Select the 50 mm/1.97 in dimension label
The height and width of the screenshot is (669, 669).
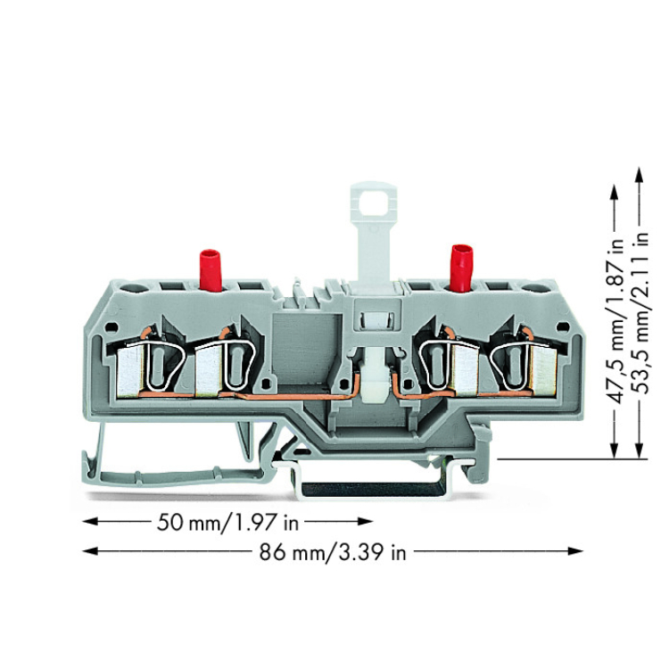[227, 522]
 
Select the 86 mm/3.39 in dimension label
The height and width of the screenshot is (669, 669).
[333, 552]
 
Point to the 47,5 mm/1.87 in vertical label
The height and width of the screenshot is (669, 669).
[615, 320]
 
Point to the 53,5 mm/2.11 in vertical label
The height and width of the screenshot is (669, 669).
[640, 314]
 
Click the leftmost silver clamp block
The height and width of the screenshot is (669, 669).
[128, 371]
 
